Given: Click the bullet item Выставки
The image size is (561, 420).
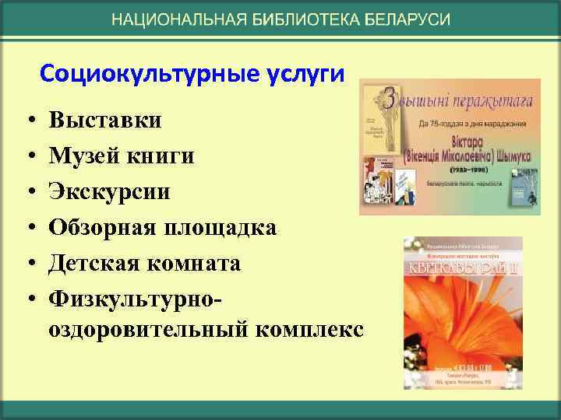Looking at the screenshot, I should pyautogui.click(x=105, y=121).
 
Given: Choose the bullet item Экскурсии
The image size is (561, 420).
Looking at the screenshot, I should pyautogui.click(x=109, y=191).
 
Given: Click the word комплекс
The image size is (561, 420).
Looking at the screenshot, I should pyautogui.click(x=309, y=329).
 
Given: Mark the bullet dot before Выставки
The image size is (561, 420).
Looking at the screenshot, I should pyautogui.click(x=26, y=122).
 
